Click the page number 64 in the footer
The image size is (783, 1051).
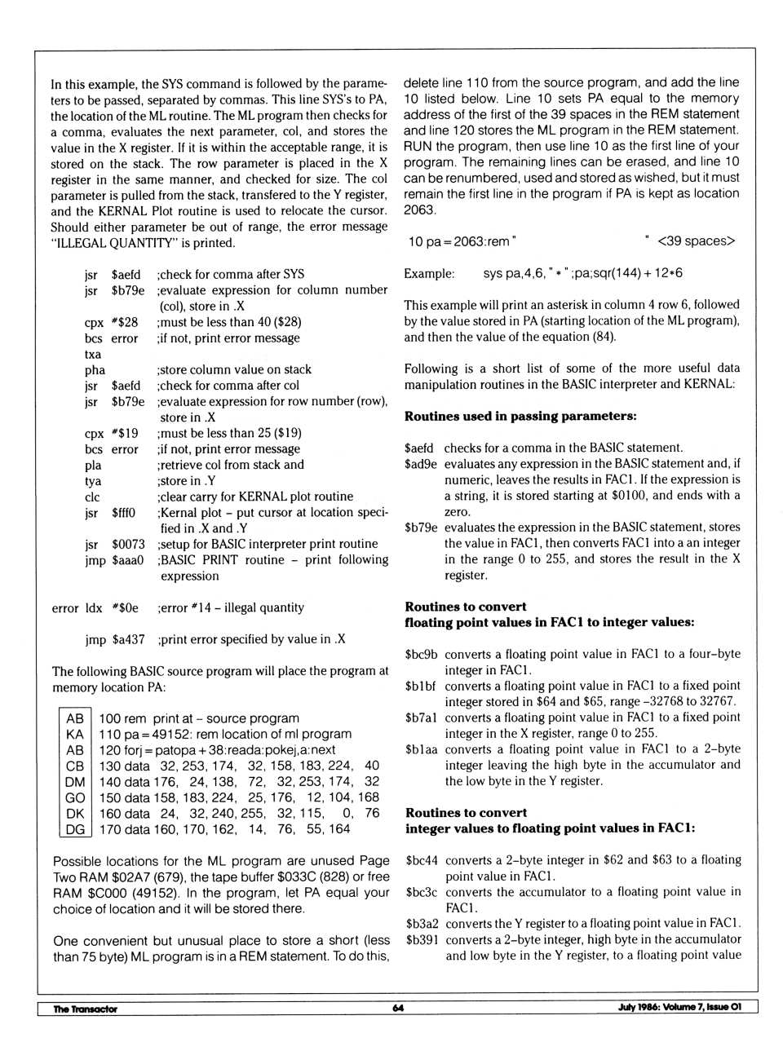(x=398, y=1008)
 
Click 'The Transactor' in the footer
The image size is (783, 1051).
(x=85, y=1009)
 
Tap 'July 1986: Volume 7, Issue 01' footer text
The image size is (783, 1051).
(x=679, y=1007)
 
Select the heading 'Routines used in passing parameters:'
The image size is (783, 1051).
(x=520, y=416)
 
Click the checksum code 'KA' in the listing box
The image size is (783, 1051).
(x=75, y=734)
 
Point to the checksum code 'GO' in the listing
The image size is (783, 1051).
(x=75, y=797)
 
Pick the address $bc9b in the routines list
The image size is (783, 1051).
(x=421, y=654)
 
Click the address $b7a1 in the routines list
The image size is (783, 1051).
(x=421, y=718)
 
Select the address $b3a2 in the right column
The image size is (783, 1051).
(x=422, y=924)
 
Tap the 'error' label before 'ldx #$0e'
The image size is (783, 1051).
(x=65, y=608)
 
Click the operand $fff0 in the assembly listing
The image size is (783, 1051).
(x=123, y=513)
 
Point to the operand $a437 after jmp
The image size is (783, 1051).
(x=128, y=639)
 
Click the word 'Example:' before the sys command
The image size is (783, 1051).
(x=429, y=273)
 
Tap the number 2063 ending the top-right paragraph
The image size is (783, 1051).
(x=420, y=210)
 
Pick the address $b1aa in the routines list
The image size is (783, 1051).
(x=421, y=749)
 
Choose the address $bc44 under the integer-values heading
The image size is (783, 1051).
(x=422, y=860)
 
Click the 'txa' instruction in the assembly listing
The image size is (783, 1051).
(x=93, y=354)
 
